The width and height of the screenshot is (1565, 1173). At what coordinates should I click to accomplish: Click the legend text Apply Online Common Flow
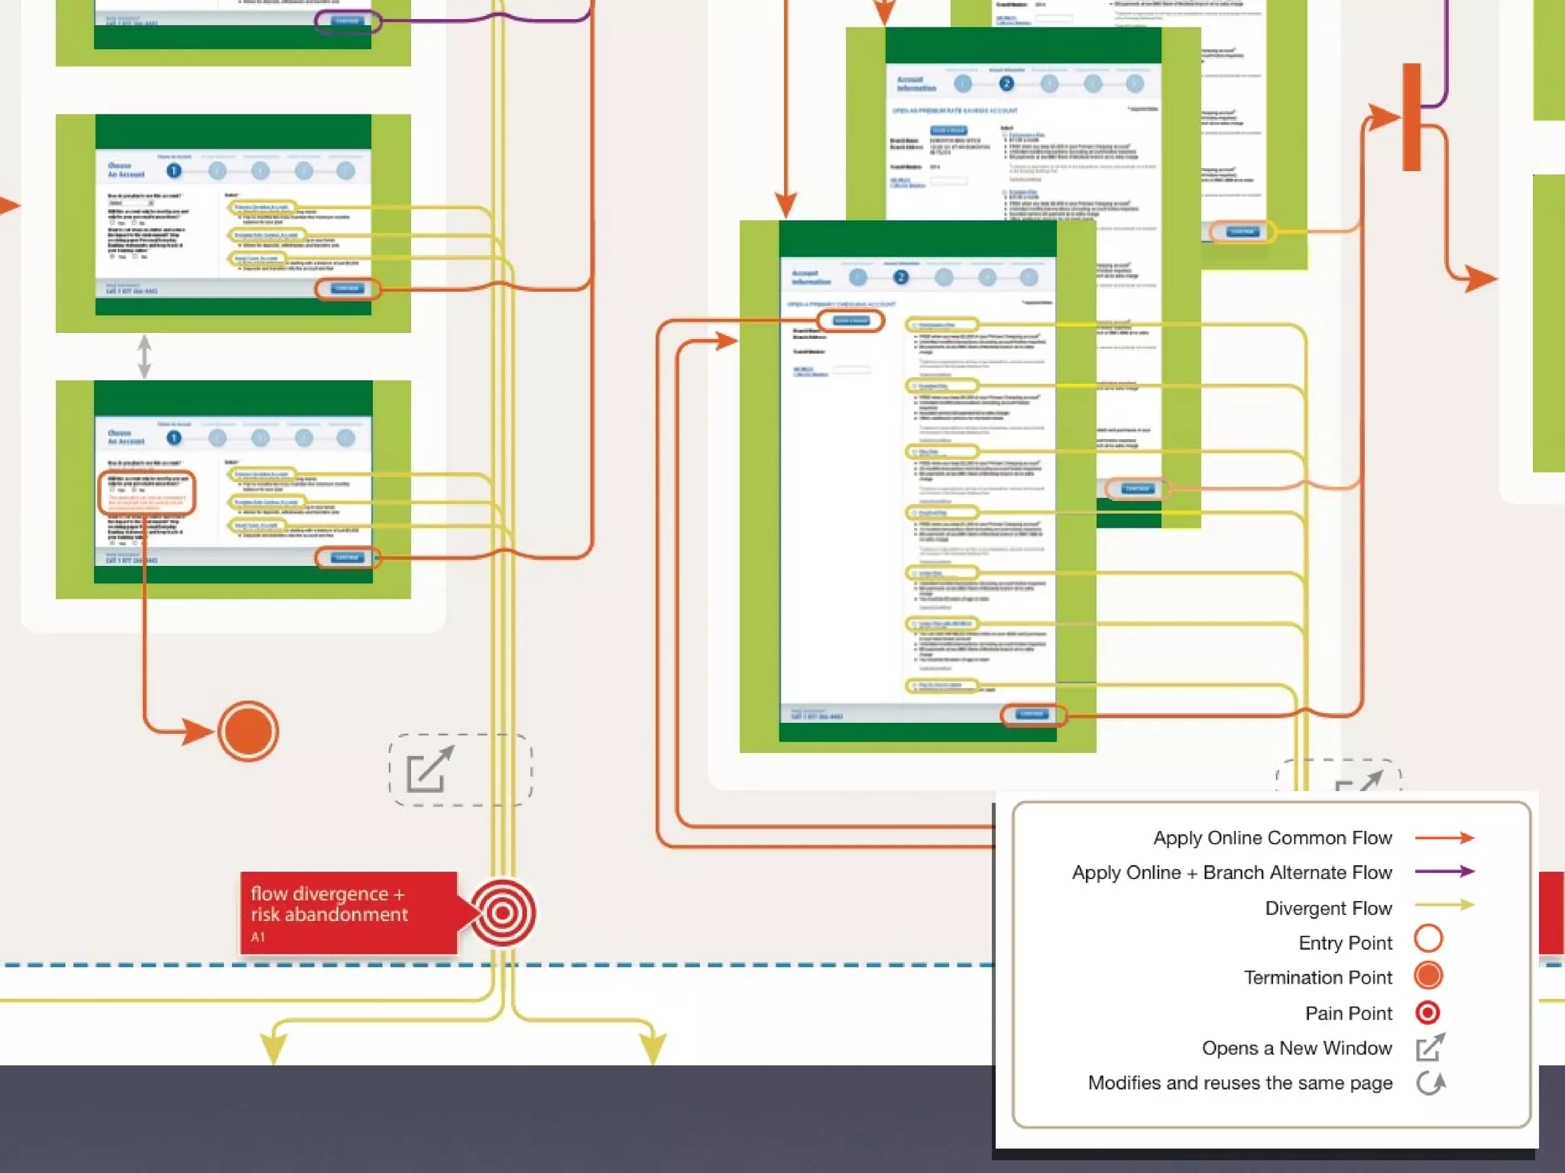click(x=1272, y=838)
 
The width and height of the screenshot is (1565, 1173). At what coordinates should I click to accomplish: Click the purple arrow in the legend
click(x=1444, y=871)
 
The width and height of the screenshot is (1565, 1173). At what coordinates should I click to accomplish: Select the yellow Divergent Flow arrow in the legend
click(x=1444, y=905)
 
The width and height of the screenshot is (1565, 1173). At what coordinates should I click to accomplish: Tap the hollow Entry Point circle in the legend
click(x=1428, y=939)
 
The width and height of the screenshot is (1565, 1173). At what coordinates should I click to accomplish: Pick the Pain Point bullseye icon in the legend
click(x=1427, y=1013)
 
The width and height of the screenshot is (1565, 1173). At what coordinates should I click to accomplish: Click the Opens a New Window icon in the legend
click(x=1430, y=1047)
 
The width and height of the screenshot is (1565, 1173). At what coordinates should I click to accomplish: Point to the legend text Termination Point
click(x=1317, y=977)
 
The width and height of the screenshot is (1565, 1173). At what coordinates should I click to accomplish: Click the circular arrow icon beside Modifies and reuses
click(x=1430, y=1083)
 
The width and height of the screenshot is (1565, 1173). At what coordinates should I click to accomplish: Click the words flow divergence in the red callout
click(x=319, y=893)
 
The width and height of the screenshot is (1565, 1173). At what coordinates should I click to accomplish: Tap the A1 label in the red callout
click(x=258, y=937)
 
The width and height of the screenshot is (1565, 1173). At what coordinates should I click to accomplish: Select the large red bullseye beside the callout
click(x=502, y=913)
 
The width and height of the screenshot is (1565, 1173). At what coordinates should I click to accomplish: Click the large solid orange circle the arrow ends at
click(x=248, y=731)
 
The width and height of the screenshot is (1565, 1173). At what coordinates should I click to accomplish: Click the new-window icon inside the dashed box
click(x=429, y=769)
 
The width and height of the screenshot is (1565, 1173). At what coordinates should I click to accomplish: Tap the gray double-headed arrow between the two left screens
click(x=144, y=356)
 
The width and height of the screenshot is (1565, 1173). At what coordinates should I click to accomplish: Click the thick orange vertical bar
click(x=1411, y=117)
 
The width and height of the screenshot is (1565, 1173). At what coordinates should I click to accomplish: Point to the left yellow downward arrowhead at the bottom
click(x=274, y=1046)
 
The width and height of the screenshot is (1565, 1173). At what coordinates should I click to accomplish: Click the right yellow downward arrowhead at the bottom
click(x=653, y=1046)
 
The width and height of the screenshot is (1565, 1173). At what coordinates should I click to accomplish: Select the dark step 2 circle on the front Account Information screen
click(x=901, y=277)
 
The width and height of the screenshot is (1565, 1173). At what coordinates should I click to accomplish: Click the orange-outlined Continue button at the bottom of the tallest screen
click(x=1032, y=714)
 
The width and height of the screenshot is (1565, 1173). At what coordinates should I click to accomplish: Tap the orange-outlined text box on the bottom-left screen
click(x=147, y=493)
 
